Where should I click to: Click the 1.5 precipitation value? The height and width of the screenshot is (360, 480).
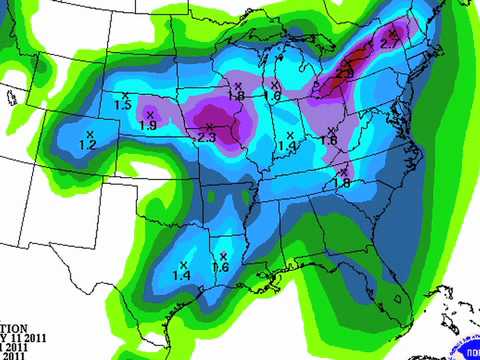123,105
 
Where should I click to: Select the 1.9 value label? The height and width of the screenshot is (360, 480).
147,126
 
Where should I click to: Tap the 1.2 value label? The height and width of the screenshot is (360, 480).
87,146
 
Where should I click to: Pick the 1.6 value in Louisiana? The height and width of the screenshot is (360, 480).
221,267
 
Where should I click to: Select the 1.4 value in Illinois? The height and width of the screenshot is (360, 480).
288,146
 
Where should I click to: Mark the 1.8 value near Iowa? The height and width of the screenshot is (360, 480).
236,96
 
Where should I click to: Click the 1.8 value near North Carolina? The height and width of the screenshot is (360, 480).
341,183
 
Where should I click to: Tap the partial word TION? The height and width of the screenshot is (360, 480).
13,327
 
